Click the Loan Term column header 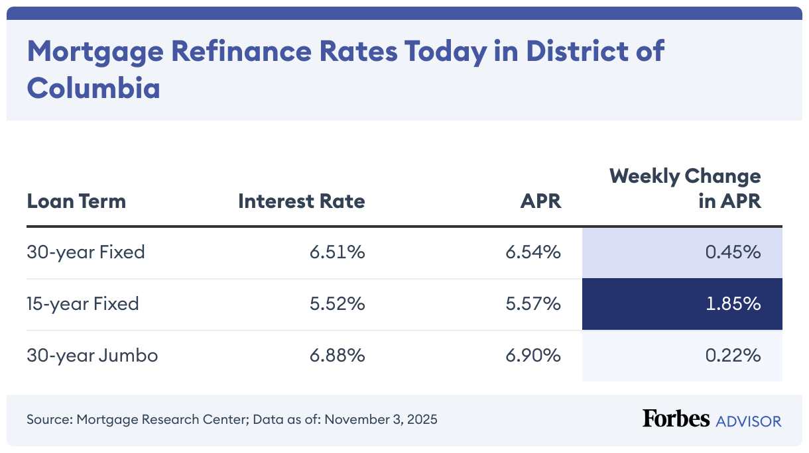pyautogui.click(x=76, y=201)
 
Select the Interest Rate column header pyautogui.click(x=301, y=201)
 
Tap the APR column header pyautogui.click(x=540, y=201)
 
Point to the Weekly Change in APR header pyautogui.click(x=685, y=189)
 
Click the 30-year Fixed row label pyautogui.click(x=86, y=252)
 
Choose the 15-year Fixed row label pyautogui.click(x=83, y=304)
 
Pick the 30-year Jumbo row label pyautogui.click(x=92, y=356)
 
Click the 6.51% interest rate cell pyautogui.click(x=337, y=252)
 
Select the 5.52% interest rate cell pyautogui.click(x=337, y=304)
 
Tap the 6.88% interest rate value pyautogui.click(x=337, y=356)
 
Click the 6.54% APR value pyautogui.click(x=533, y=252)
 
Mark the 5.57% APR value pyautogui.click(x=533, y=304)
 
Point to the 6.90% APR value pyautogui.click(x=533, y=356)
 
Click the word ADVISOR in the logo pyautogui.click(x=748, y=421)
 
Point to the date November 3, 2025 pyautogui.click(x=381, y=420)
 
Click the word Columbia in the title pyautogui.click(x=93, y=87)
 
